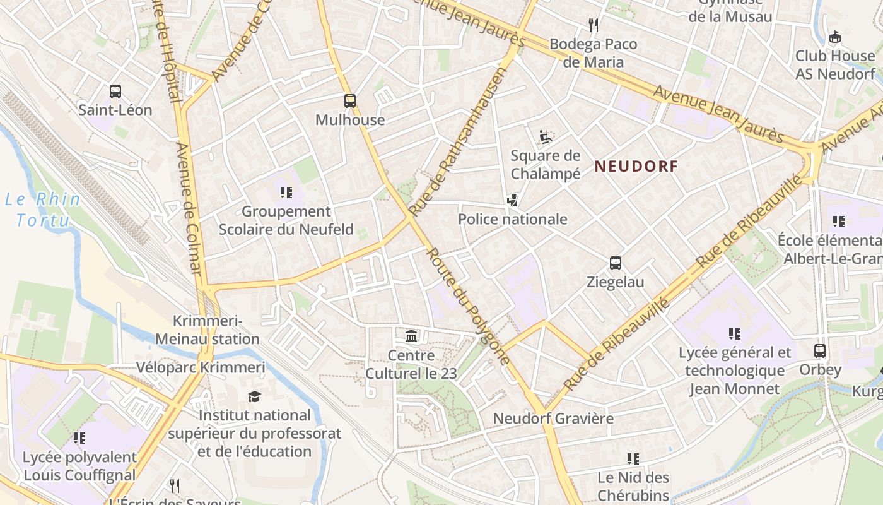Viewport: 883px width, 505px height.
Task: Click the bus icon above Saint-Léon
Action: (115, 92)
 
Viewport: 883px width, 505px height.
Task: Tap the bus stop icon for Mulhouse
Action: (350, 101)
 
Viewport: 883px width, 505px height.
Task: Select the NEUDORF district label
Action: (636, 167)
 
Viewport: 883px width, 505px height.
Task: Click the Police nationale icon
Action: (513, 201)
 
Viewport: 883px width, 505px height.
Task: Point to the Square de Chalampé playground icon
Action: (546, 136)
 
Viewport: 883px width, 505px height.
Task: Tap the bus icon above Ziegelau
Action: (615, 263)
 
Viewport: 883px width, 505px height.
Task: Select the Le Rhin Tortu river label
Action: (43, 210)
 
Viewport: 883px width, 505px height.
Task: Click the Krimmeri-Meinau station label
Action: (207, 330)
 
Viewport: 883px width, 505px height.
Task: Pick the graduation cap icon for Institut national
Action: (254, 396)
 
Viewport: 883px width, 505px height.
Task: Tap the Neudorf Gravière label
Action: (553, 419)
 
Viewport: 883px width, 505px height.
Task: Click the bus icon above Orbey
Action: (820, 351)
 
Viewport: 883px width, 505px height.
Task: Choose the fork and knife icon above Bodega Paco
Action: (593, 25)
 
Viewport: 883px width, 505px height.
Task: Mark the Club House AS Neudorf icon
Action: (835, 37)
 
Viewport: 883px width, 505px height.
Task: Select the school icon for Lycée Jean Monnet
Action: (734, 333)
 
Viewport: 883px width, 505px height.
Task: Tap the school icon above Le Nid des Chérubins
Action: (633, 459)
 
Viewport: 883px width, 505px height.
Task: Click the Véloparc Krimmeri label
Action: (201, 367)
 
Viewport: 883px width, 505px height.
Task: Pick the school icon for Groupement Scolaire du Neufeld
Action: (286, 193)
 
